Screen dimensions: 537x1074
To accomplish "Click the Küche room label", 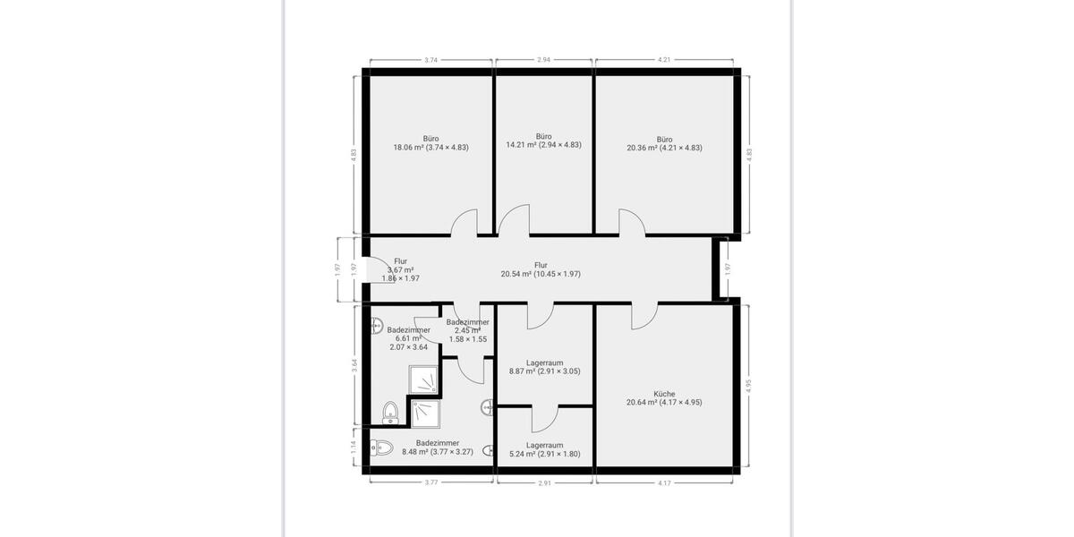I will [664, 398].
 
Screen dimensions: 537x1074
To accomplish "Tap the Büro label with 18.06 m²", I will [430, 143].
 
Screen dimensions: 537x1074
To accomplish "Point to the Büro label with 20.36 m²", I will [664, 143].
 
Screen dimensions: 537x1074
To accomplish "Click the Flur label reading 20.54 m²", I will [541, 269].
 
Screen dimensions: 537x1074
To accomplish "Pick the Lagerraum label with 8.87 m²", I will [544, 367].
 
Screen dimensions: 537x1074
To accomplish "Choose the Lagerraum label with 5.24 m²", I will [544, 449].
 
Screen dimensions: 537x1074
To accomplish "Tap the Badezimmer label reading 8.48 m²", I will [438, 447].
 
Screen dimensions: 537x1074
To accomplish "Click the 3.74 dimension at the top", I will [430, 60].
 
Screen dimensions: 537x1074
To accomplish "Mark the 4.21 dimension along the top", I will [663, 60].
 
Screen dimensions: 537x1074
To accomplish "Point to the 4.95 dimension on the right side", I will [749, 386].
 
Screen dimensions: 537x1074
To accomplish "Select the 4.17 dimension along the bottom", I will [664, 483].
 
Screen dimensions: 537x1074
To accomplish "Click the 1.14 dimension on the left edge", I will [354, 446].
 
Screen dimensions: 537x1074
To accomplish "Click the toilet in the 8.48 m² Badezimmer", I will [380, 447].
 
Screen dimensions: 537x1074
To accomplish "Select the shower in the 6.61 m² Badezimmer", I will [424, 379].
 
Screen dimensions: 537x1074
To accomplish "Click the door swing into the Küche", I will [644, 314].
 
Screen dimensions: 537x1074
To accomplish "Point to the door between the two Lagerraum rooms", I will [544, 418].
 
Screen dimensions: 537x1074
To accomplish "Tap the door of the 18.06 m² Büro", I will [465, 223].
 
